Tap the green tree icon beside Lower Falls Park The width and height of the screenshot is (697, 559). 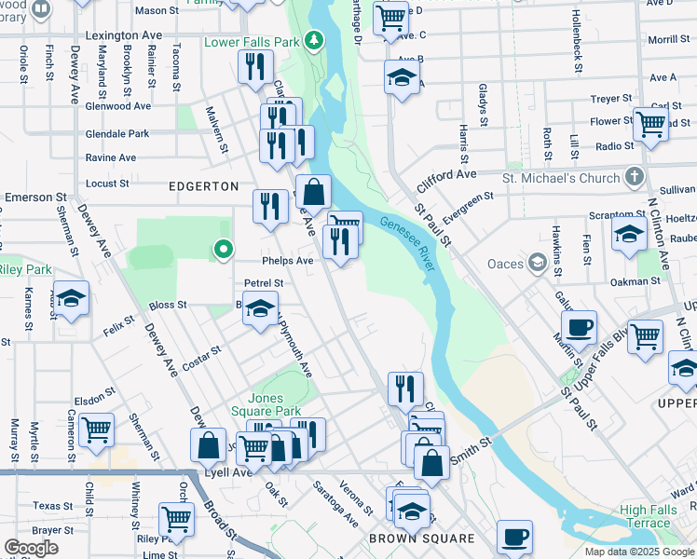pyautogui.click(x=315, y=41)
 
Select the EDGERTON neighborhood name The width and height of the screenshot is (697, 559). pyautogui.click(x=203, y=186)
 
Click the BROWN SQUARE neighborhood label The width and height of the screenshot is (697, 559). pyautogui.click(x=421, y=539)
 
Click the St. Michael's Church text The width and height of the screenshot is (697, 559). pyautogui.click(x=561, y=178)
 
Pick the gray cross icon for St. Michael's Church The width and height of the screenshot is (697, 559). pyautogui.click(x=634, y=177)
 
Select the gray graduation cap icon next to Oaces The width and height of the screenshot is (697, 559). pyautogui.click(x=537, y=264)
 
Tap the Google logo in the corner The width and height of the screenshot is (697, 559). pyautogui.click(x=31, y=548)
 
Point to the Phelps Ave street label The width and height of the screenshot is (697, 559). pyautogui.click(x=288, y=261)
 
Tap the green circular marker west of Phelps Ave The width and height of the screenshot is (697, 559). pyautogui.click(x=222, y=249)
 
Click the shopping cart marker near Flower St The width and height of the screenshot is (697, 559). pyautogui.click(x=649, y=123)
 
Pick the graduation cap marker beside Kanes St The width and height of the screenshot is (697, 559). pyautogui.click(x=71, y=298)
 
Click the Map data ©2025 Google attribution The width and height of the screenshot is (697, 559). pyautogui.click(x=639, y=552)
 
